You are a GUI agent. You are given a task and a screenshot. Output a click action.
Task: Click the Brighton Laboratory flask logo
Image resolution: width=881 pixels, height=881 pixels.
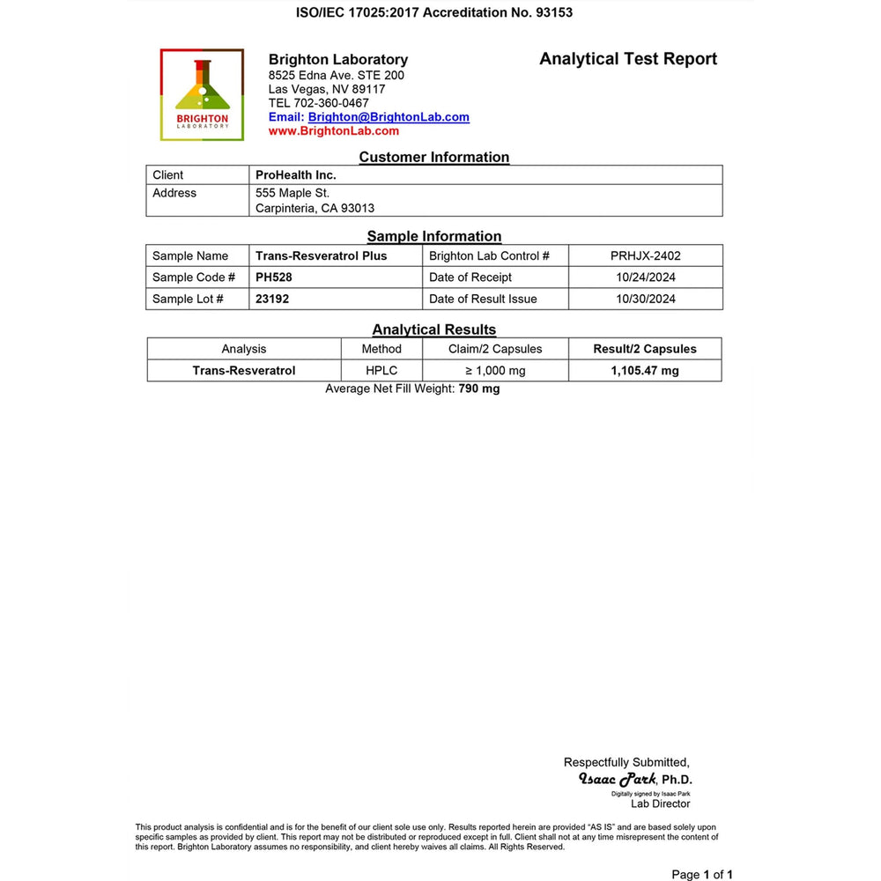click(202, 94)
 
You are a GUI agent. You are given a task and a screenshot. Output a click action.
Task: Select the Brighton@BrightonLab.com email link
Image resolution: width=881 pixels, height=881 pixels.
click(389, 117)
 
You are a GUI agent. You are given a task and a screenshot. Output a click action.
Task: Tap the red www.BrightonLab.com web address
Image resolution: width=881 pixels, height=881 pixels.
click(333, 131)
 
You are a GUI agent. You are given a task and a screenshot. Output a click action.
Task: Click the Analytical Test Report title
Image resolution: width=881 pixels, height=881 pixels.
click(628, 59)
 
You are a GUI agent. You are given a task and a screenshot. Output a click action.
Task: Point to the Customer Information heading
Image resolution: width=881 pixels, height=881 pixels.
click(433, 158)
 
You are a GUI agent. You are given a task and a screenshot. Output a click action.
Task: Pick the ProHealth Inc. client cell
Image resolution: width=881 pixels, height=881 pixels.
click(296, 175)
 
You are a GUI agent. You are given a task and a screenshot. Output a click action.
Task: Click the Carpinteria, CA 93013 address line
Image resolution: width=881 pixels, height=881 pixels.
click(315, 209)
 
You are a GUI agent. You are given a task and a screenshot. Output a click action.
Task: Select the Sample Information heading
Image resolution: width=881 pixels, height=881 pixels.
click(433, 236)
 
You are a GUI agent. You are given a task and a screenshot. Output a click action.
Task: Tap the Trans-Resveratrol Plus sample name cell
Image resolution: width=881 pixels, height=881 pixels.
click(321, 256)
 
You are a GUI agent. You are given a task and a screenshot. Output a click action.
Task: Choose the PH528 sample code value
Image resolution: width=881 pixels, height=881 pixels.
click(273, 278)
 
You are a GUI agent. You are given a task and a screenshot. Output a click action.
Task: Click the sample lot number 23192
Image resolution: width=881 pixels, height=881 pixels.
click(272, 299)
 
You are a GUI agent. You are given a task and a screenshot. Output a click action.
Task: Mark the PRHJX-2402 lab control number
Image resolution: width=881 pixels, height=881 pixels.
click(645, 256)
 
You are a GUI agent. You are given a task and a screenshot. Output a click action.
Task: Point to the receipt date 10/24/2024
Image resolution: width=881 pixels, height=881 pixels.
click(645, 278)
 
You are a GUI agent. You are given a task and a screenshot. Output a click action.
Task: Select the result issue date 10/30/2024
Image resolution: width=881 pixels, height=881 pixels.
click(645, 299)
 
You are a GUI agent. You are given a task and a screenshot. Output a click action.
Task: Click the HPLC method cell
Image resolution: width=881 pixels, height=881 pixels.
click(382, 371)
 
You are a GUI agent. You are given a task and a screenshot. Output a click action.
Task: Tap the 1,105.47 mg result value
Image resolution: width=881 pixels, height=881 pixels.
click(645, 371)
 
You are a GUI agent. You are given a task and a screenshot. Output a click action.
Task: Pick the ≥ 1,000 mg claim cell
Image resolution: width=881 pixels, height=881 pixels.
click(495, 371)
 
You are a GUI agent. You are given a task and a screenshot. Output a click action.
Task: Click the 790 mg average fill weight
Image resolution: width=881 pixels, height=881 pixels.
click(478, 389)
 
